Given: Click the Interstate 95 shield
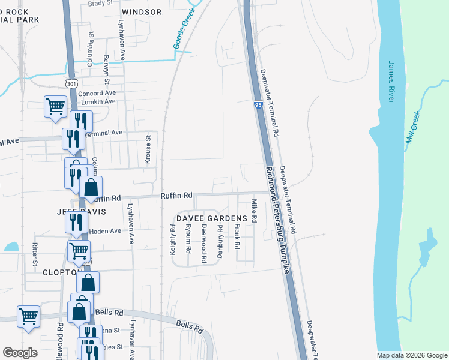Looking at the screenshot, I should [258, 105].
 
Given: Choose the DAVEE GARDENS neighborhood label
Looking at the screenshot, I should [211, 218].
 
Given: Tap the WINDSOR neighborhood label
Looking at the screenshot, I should [142, 12].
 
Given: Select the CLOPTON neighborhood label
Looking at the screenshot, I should [62, 272].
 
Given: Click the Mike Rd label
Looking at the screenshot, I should [254, 211].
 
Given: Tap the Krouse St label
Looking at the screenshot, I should [148, 147].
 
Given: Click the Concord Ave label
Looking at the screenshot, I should [97, 93].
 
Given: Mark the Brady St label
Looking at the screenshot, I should [100, 3].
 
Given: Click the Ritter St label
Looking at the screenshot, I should [35, 254].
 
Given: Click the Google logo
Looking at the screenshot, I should [20, 353].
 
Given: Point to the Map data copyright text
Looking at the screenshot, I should [411, 355].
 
